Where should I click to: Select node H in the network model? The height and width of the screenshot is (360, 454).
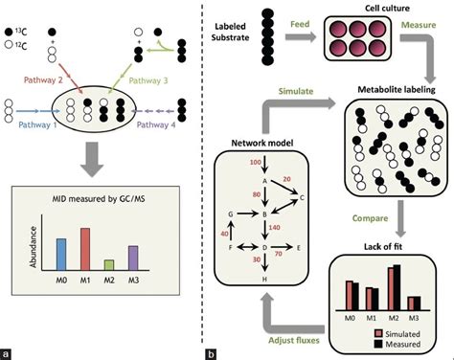264,278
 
